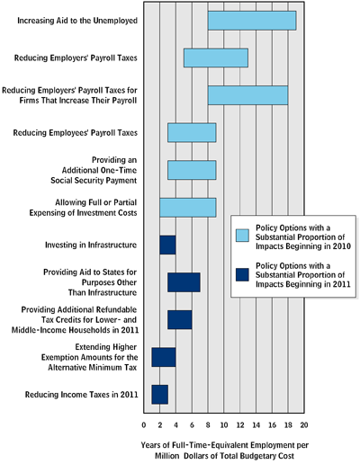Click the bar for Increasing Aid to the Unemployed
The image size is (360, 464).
pyautogui.click(x=252, y=21)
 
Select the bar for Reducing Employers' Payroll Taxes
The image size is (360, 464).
pyautogui.click(x=216, y=58)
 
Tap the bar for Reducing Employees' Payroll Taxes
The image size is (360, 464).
pyautogui.click(x=192, y=132)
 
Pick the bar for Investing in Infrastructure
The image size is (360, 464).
pyautogui.click(x=167, y=245)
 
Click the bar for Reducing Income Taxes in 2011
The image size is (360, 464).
pyautogui.click(x=159, y=395)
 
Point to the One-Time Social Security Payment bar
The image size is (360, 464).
pyautogui.click(x=192, y=170)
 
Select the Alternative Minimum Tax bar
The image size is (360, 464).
pyautogui.click(x=164, y=357)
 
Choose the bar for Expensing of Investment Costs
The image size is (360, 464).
pyautogui.click(x=188, y=208)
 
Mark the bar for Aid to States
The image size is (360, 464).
pyautogui.click(x=184, y=282)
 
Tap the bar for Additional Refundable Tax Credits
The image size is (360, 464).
pyautogui.click(x=180, y=320)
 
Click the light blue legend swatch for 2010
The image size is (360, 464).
pyautogui.click(x=242, y=236)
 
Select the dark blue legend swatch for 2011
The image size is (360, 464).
pyautogui.click(x=242, y=274)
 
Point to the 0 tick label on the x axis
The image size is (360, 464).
pyautogui.click(x=144, y=425)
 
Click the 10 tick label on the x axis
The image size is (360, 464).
pyautogui.click(x=224, y=425)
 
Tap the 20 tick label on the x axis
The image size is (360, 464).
pyautogui.click(x=304, y=425)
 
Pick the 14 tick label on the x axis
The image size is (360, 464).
pyautogui.click(x=256, y=425)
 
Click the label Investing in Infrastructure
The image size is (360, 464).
pyautogui.click(x=91, y=245)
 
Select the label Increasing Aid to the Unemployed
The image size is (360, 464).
pyautogui.click(x=77, y=21)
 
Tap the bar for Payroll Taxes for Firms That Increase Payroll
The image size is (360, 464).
pyautogui.click(x=247, y=95)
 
